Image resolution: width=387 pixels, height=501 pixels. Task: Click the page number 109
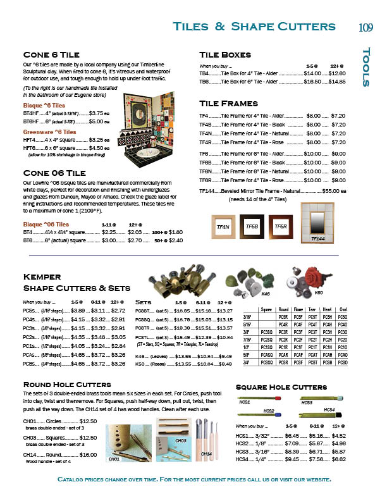click(367, 27)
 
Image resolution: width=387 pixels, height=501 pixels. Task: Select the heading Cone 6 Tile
click(51, 54)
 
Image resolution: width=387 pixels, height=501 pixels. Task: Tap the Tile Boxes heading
click(225, 54)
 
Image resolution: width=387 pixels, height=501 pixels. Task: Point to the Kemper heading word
click(42, 276)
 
